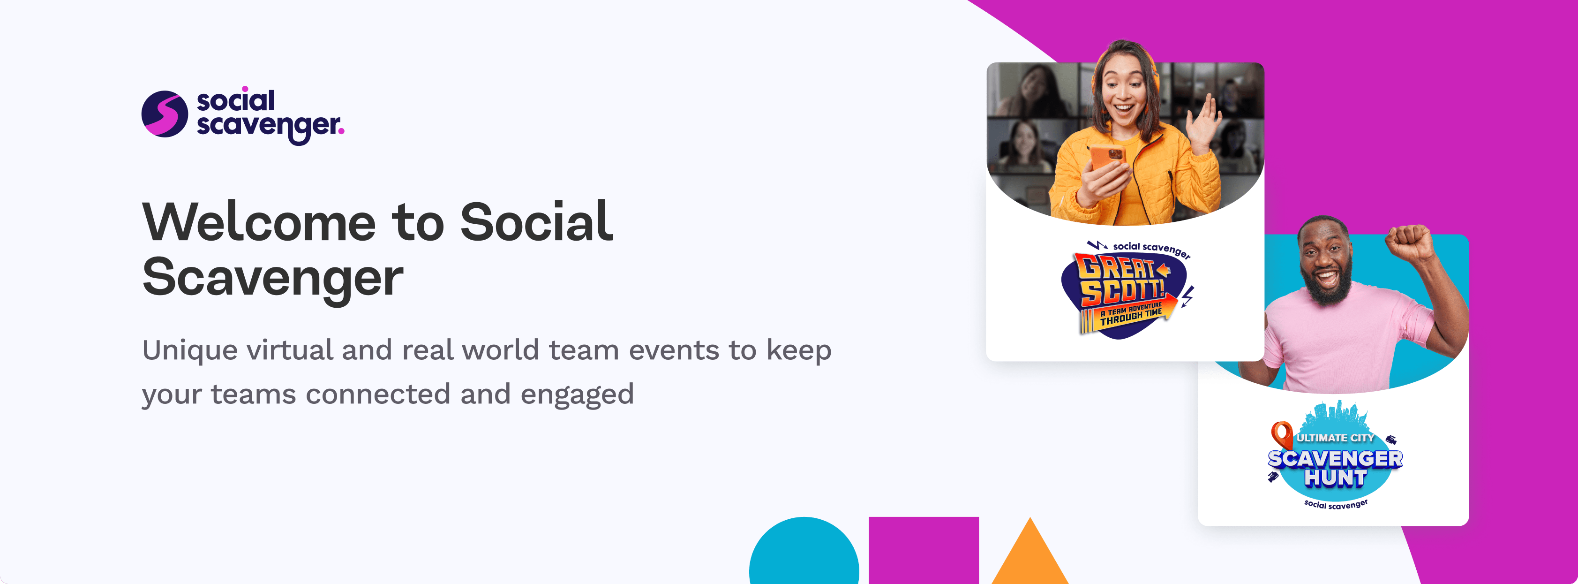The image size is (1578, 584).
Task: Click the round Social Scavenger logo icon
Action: pyautogui.click(x=164, y=114)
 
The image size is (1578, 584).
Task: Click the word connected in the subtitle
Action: pyautogui.click(x=377, y=394)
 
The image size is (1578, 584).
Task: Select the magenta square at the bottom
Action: pyautogui.click(x=924, y=550)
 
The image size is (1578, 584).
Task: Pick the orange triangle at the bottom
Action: pyautogui.click(x=1030, y=554)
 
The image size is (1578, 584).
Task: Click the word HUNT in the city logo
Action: pyautogui.click(x=1336, y=478)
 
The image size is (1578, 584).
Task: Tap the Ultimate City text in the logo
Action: pyautogui.click(x=1336, y=438)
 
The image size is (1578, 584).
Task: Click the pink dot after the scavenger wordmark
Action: pyautogui.click(x=341, y=129)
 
